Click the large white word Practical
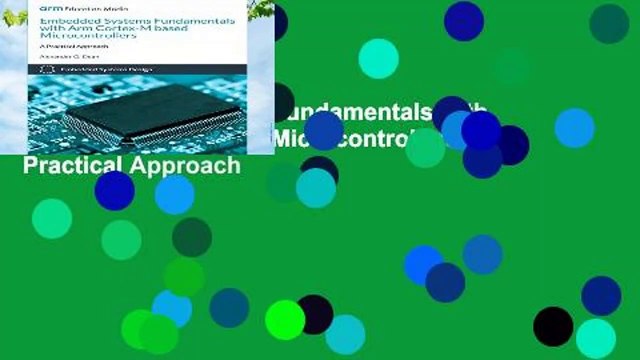(70, 165)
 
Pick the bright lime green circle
(284, 320)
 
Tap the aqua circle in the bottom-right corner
(596, 338)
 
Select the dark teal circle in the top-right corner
(609, 23)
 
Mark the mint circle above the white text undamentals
(378, 58)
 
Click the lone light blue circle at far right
(574, 127)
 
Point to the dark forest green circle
(191, 237)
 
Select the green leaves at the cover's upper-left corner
(10, 15)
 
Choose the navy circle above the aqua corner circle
(601, 296)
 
